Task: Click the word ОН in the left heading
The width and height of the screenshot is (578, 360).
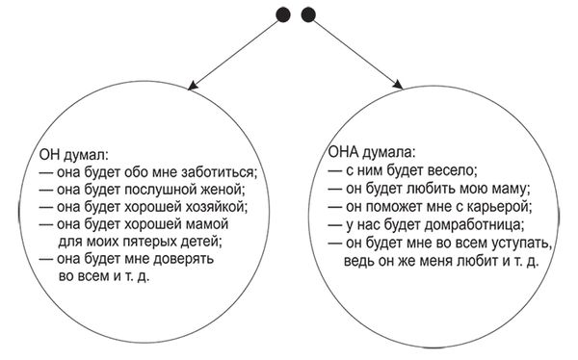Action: (47, 153)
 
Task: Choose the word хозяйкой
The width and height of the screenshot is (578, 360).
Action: (215, 206)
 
